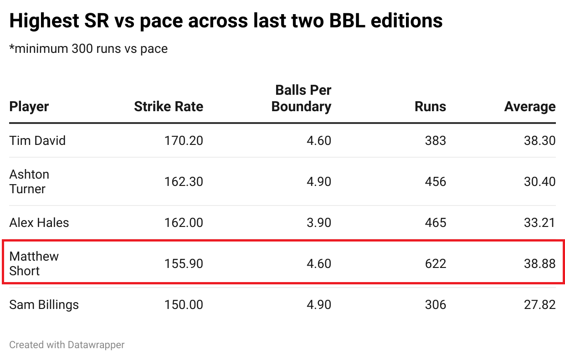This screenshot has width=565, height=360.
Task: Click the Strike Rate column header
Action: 169,107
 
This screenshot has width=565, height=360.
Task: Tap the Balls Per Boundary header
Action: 301,98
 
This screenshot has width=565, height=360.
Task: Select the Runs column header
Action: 430,107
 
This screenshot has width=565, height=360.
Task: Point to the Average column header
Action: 530,107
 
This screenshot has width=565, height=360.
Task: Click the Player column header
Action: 29,107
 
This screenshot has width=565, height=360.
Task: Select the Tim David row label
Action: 37,140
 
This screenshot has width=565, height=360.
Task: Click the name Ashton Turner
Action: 29,181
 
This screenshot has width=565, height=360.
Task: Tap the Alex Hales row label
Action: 39,223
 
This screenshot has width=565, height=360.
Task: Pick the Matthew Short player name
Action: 34,263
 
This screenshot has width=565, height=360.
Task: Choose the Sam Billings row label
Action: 44,305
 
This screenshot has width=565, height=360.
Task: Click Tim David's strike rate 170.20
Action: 184,140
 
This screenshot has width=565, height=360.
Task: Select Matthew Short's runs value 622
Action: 435,264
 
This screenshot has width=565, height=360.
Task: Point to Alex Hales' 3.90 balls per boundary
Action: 319,223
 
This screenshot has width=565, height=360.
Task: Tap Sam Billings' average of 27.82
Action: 539,305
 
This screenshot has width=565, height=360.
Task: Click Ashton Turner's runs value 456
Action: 435,182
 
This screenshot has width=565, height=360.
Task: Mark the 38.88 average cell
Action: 539,264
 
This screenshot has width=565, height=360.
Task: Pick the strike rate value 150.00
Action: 184,305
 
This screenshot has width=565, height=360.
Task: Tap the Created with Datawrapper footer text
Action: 67,345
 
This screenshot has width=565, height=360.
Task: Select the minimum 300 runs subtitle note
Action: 88,48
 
